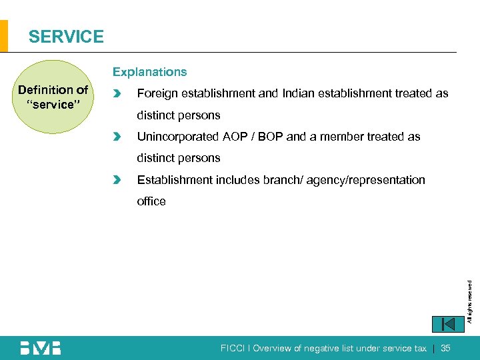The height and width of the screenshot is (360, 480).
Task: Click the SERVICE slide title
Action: pyautogui.click(x=66, y=37)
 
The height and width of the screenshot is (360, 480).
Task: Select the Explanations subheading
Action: pyautogui.click(x=149, y=72)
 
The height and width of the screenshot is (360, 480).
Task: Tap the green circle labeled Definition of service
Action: pyautogui.click(x=53, y=97)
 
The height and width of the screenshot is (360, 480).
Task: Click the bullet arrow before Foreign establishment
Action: pyautogui.click(x=118, y=94)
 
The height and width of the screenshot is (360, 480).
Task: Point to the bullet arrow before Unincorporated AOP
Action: pyautogui.click(x=118, y=137)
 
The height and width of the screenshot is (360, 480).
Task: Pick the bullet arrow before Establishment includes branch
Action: pyautogui.click(x=118, y=180)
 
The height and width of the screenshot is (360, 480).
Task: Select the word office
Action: pyautogui.click(x=151, y=201)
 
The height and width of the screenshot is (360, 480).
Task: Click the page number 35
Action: pyautogui.click(x=446, y=348)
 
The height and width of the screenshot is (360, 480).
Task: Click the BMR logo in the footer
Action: pyautogui.click(x=40, y=348)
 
